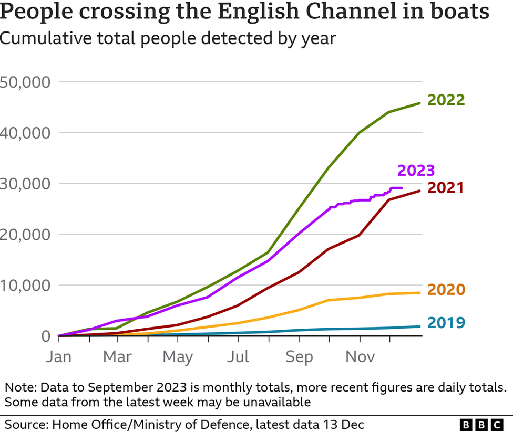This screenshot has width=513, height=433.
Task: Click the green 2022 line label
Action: pyautogui.click(x=446, y=100)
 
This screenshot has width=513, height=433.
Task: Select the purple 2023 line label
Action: pyautogui.click(x=416, y=171)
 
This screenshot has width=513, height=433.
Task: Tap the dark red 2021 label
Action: pyautogui.click(x=446, y=187)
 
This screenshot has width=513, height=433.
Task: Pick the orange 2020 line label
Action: pyautogui.click(x=446, y=290)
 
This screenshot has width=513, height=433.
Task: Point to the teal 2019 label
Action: pyautogui.click(x=446, y=322)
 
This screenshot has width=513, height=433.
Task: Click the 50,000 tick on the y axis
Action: pyautogui.click(x=25, y=82)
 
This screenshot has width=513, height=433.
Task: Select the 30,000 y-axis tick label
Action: pyautogui.click(x=25, y=184)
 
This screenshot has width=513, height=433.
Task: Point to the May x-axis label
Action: pyautogui.click(x=178, y=357)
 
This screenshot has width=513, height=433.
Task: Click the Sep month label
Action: pyautogui.click(x=299, y=357)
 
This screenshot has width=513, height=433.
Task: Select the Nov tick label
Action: pyautogui.click(x=360, y=357)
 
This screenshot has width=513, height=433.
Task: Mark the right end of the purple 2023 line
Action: pyautogui.click(x=402, y=188)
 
